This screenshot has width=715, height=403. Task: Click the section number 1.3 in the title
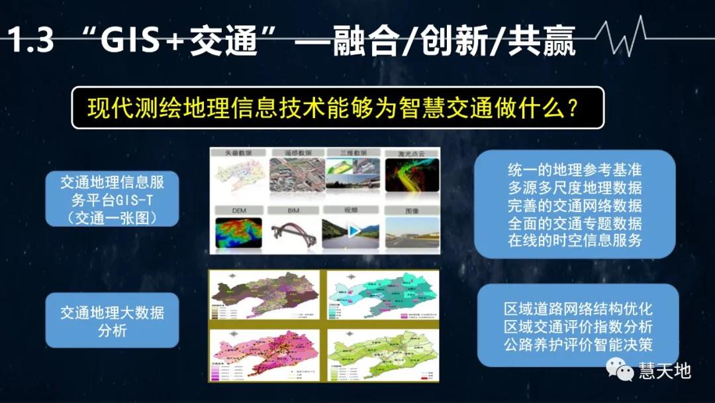coord(29,42)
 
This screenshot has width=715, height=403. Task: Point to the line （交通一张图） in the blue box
coord(112,216)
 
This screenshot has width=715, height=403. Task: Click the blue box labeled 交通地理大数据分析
coord(112,321)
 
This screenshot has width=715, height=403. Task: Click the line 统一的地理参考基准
coord(575,170)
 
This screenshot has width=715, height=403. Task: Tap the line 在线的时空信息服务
coord(575,240)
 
